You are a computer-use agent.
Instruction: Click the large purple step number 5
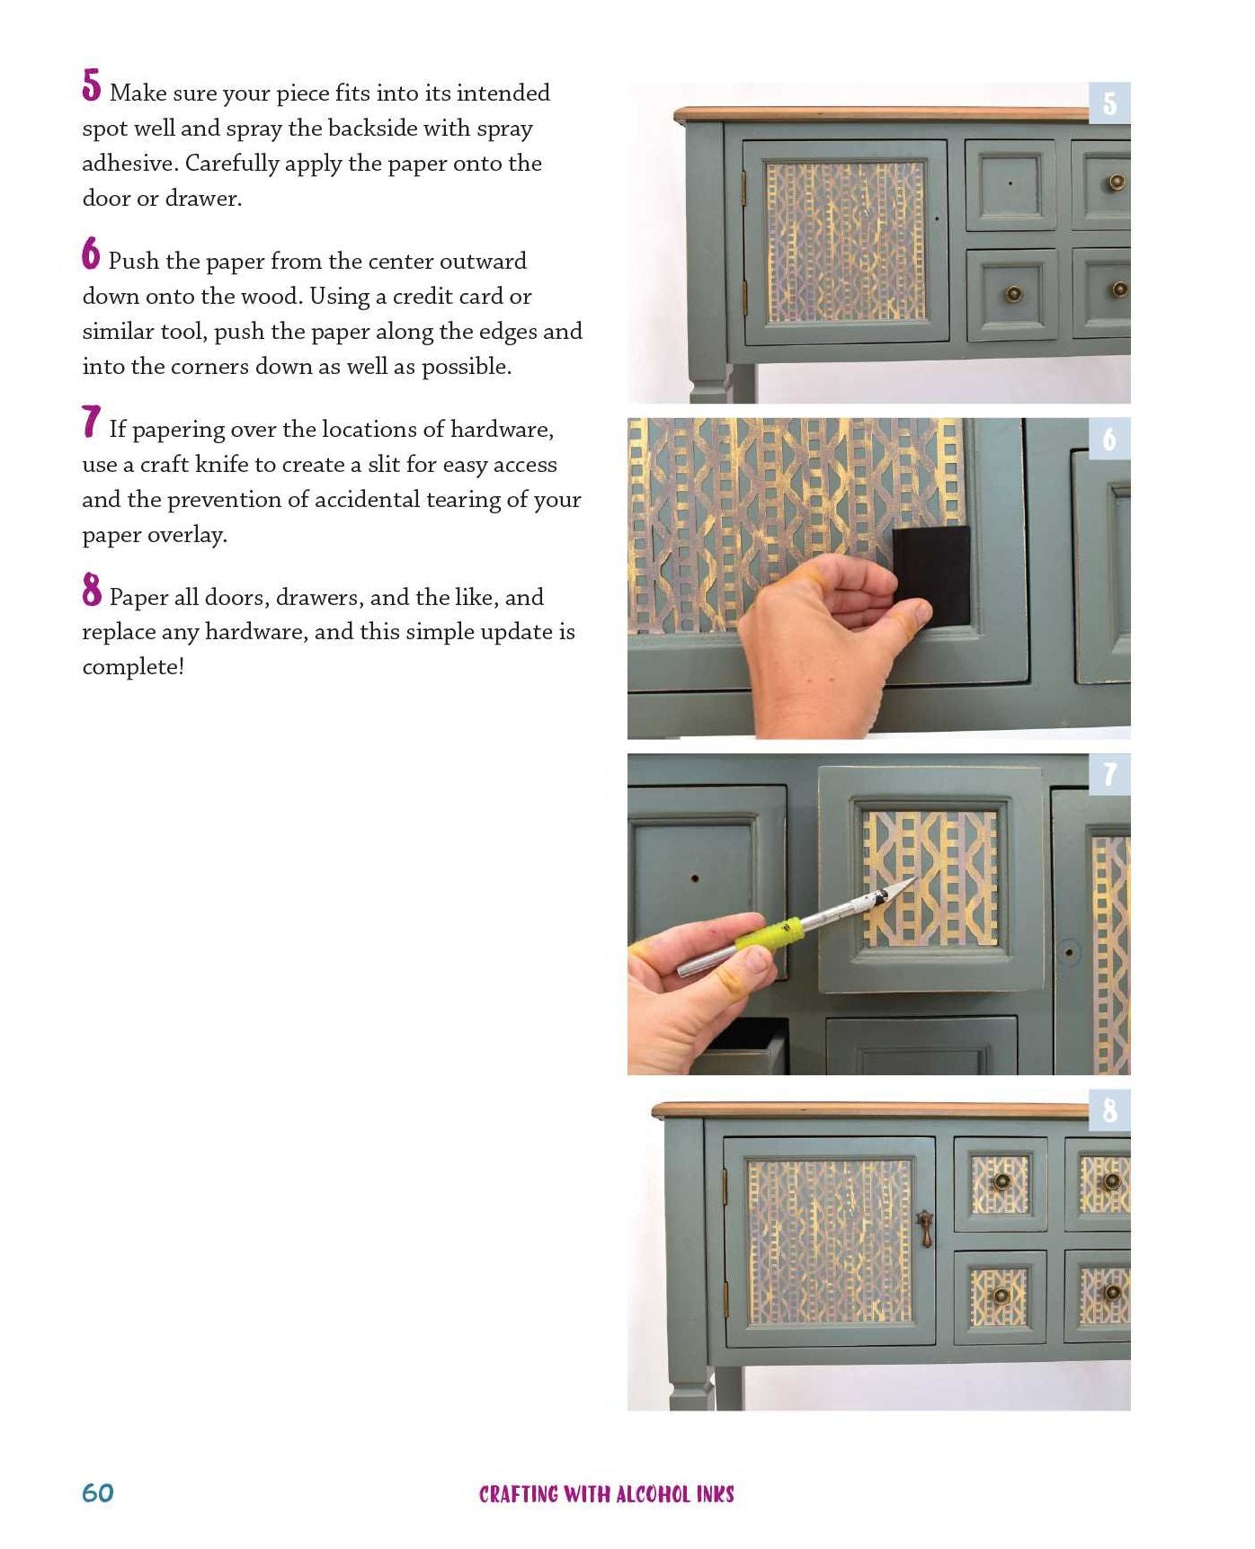click(x=91, y=85)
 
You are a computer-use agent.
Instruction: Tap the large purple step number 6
click(x=91, y=254)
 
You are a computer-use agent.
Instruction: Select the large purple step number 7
click(x=91, y=422)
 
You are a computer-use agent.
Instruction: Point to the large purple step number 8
click(x=91, y=590)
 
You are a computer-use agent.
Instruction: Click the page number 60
click(x=98, y=1493)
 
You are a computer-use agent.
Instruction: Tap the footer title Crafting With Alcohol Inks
click(x=607, y=1494)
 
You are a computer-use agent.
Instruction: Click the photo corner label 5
click(x=1110, y=103)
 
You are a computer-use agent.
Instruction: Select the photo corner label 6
click(x=1110, y=439)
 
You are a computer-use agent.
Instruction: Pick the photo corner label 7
click(x=1110, y=774)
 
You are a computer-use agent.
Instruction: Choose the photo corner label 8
click(x=1110, y=1110)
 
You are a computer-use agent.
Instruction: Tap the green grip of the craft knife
click(x=767, y=932)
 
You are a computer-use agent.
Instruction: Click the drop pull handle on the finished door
click(x=924, y=1228)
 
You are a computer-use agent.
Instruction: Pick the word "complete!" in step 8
click(x=133, y=666)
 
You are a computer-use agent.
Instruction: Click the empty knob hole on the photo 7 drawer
click(x=695, y=876)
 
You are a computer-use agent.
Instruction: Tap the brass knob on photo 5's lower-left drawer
click(x=1013, y=294)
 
